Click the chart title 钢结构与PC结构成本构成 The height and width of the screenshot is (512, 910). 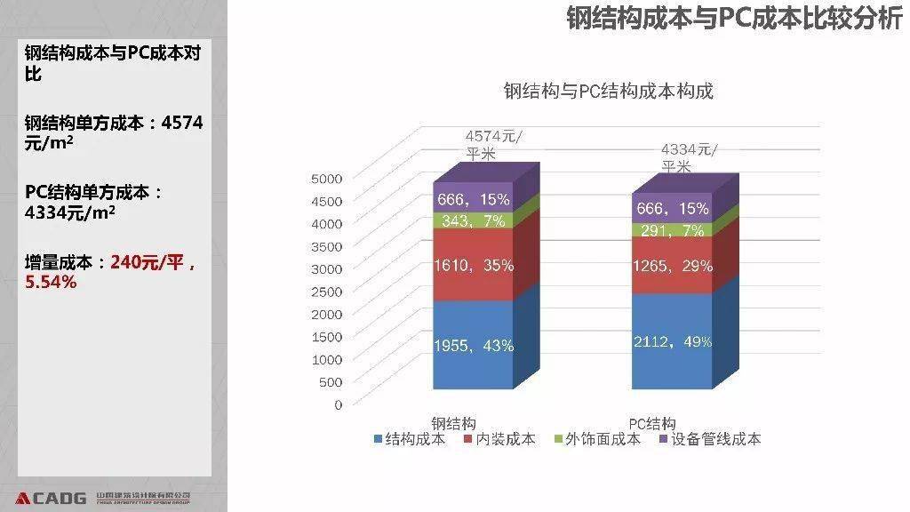[x=608, y=91]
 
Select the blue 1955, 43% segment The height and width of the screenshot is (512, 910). [x=473, y=345]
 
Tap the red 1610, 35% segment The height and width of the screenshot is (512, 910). [x=473, y=264]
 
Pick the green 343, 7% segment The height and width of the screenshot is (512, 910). [x=473, y=220]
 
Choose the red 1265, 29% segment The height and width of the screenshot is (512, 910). [x=672, y=266]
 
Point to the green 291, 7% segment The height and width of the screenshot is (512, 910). [x=672, y=230]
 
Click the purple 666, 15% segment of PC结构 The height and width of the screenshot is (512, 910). [x=672, y=208]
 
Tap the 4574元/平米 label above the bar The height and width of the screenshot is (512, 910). [x=493, y=144]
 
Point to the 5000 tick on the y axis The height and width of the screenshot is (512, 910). [x=326, y=178]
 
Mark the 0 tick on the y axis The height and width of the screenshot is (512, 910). [x=338, y=404]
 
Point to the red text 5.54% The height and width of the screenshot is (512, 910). [x=51, y=282]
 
